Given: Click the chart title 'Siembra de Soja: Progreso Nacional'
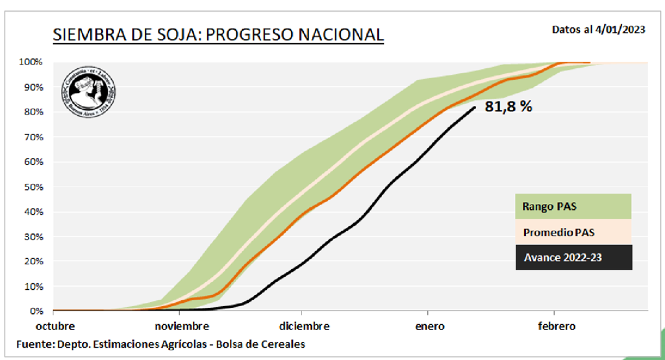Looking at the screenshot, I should tap(218, 34).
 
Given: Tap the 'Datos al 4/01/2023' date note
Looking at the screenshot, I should tap(598, 29).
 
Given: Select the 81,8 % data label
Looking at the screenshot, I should tap(508, 107).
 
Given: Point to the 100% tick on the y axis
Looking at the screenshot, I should tap(31, 62).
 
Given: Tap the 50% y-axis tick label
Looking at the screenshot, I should tap(33, 187).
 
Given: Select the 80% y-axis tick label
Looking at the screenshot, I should tap(33, 112).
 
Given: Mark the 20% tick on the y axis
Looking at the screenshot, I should tap(33, 262).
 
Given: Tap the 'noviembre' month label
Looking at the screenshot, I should tap(181, 326).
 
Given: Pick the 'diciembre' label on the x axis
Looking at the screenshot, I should tap(305, 326).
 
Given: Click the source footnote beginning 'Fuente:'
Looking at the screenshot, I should tap(161, 344).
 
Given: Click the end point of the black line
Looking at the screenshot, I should tap(475, 107).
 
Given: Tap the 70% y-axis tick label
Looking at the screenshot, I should tap(33, 137).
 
